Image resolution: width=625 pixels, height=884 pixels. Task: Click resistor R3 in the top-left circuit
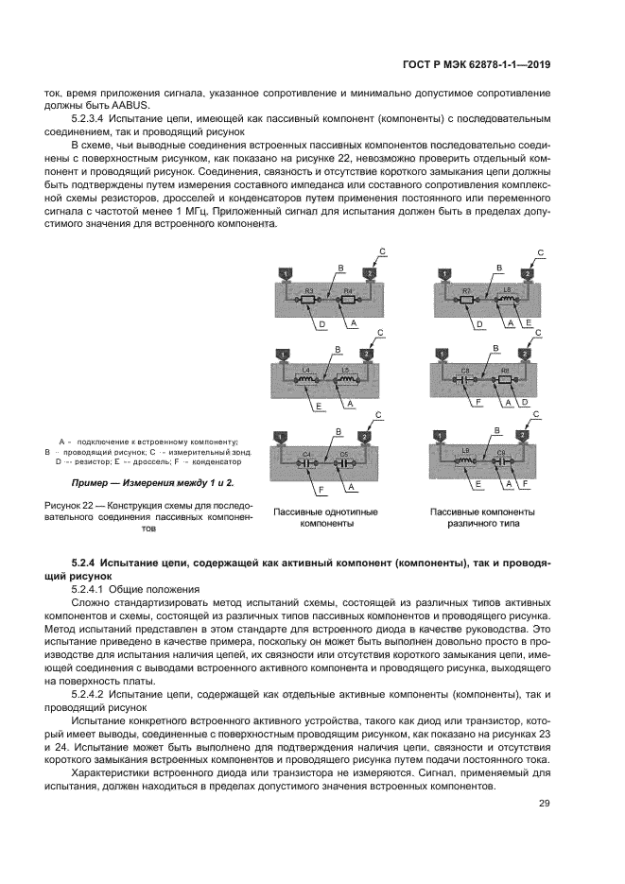[x=306, y=300]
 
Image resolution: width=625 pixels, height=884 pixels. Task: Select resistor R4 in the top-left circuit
[x=347, y=300]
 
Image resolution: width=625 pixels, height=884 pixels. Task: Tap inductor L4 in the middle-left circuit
[x=306, y=379]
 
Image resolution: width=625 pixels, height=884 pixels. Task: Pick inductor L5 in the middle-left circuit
[x=347, y=379]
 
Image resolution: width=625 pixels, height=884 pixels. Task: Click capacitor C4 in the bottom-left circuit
[x=306, y=464]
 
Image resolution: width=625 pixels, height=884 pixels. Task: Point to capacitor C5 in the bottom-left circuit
[x=346, y=464]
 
